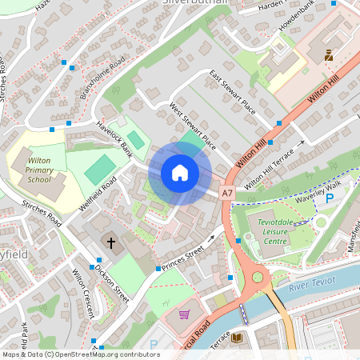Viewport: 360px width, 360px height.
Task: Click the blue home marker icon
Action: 180,173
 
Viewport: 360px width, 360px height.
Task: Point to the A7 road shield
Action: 227,194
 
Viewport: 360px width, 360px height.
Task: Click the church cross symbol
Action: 111,241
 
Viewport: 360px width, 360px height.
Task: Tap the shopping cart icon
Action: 185,314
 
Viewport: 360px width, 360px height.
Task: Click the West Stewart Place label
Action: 193,126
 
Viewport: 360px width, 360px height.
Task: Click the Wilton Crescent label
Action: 84,293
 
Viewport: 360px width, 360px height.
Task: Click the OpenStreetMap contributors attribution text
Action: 80,354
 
